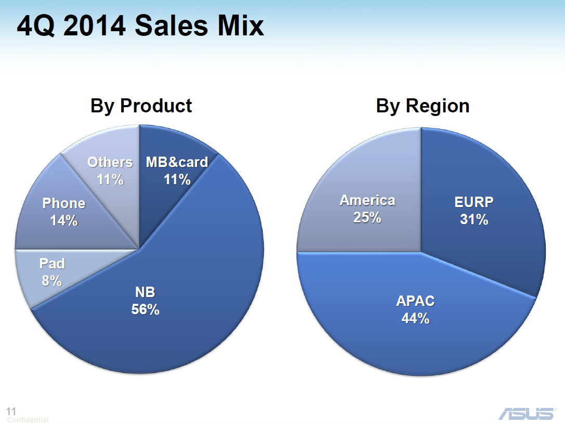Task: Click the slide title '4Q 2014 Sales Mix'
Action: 140,26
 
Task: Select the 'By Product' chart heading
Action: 142,106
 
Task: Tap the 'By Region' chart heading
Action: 422,106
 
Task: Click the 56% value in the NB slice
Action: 145,310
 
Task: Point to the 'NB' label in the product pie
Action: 145,292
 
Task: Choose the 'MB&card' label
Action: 177,162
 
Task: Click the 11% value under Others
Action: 110,179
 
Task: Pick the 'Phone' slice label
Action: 64,203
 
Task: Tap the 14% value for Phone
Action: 64,221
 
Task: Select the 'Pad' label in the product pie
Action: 52,264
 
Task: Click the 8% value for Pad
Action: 52,280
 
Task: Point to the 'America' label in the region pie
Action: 367,200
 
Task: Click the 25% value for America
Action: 367,217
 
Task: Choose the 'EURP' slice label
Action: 474,202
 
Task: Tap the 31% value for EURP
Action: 474,220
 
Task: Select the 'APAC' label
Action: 416,301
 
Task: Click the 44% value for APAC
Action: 416,318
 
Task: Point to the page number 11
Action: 11,411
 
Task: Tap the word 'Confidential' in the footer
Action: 28,420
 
